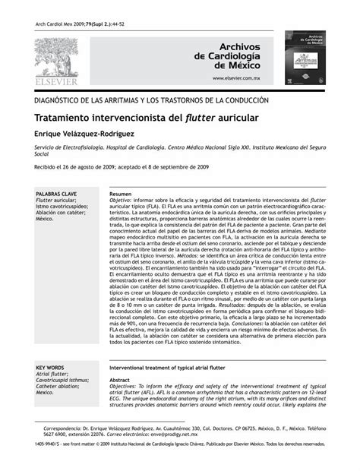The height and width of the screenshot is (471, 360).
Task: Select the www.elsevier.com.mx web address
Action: click(x=236, y=78)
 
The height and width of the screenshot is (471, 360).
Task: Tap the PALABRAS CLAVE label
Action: click(x=56, y=194)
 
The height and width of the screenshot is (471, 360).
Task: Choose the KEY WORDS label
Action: click(x=50, y=368)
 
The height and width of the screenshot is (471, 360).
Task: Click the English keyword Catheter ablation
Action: click(x=58, y=386)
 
